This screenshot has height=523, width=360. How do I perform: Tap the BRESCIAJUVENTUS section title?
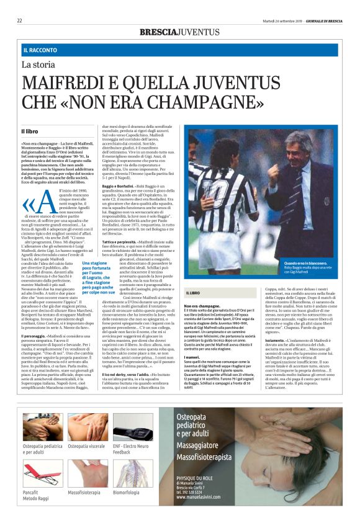click(179, 32)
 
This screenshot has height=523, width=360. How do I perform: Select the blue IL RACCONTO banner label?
click(41, 49)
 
